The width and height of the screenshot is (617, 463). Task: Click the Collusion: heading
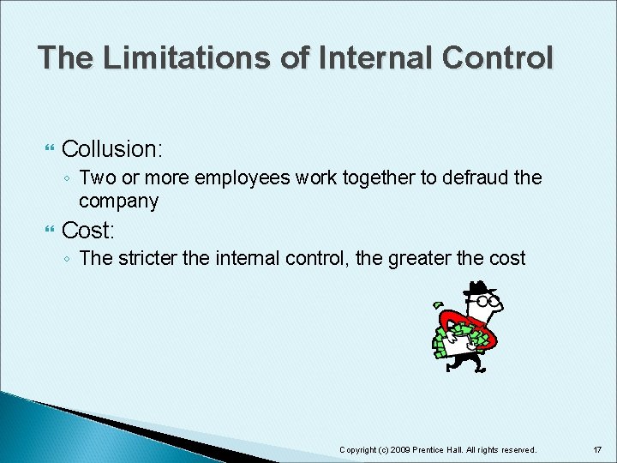[x=111, y=149]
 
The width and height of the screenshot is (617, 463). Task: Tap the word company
[x=118, y=201]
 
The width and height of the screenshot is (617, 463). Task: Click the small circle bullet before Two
[x=67, y=179]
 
